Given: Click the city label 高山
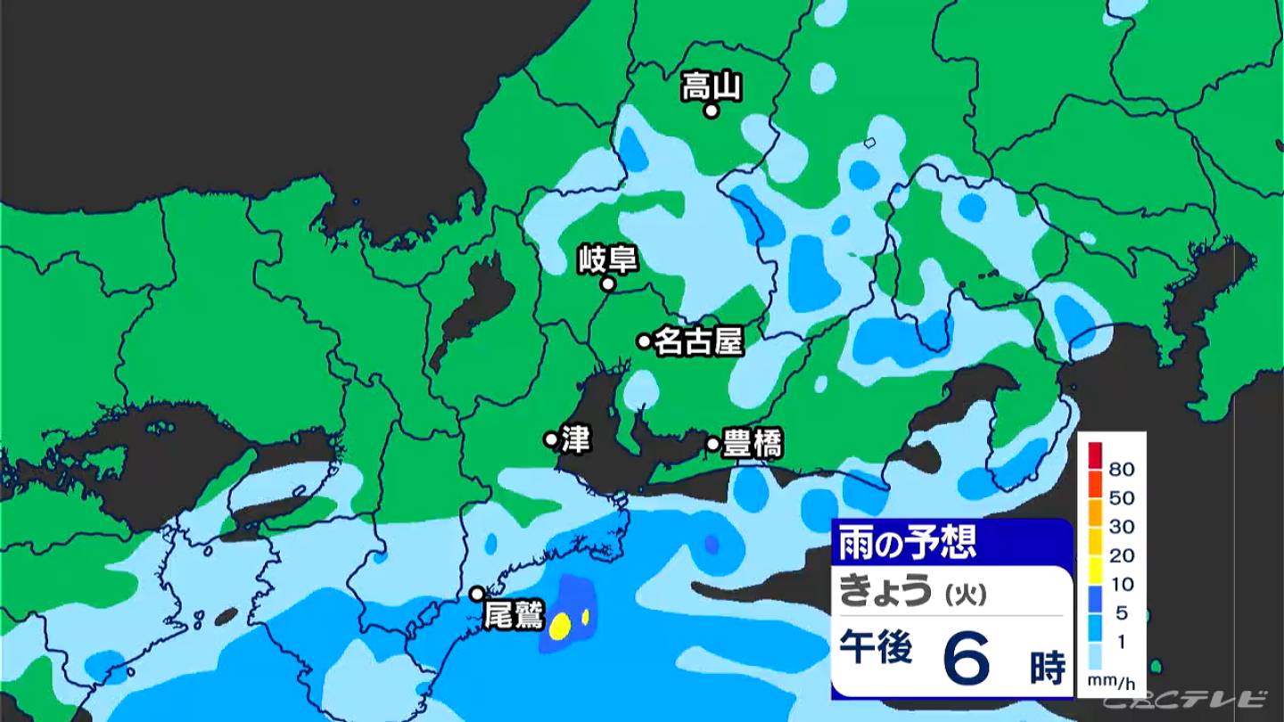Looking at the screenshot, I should pos(712,86).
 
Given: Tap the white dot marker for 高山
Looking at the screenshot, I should pos(712,111).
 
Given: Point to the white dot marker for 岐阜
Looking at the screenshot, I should pos(608,284).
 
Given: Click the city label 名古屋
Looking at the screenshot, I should pos(698,341).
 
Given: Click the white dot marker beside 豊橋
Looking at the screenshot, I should pos(713,443).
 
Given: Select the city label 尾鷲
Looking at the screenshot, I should pos(512,615).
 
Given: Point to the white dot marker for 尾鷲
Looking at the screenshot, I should pos(478,594).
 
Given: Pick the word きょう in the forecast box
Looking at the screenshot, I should pos(886,592).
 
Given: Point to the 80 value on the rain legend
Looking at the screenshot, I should pos(1121,468).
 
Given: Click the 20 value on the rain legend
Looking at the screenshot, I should pos(1121,555).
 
